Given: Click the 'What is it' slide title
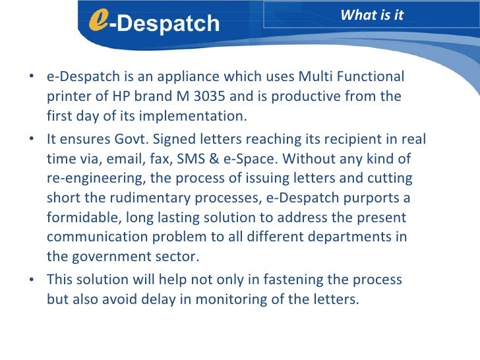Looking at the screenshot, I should pos(372,15).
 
